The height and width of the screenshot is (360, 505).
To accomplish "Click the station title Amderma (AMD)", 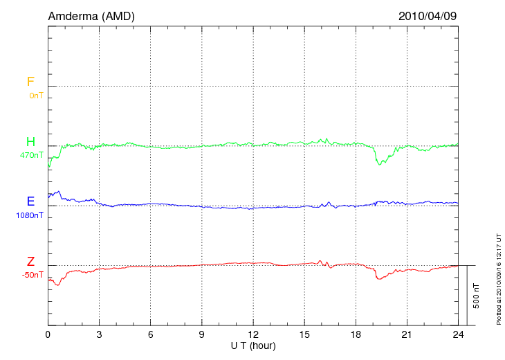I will point(91,16).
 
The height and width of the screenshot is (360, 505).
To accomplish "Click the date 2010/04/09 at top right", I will point(428,16).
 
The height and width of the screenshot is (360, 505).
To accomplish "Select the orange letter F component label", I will point(30,82).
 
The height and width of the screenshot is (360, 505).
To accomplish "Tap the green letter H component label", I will point(30,142).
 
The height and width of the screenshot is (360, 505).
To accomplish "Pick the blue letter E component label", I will point(30,201).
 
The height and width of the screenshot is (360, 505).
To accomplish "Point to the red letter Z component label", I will point(30,262).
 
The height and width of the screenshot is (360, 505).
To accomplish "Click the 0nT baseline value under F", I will point(36,96).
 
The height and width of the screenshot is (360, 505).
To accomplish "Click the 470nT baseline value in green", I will point(32,155).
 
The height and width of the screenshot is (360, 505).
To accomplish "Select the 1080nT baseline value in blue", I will point(30,215).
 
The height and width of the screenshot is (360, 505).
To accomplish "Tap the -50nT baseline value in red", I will point(32,275).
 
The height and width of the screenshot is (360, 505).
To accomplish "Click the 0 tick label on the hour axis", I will point(48,334).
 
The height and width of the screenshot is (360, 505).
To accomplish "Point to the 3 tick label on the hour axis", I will point(100,334).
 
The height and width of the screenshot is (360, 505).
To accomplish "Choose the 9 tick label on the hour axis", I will point(202,334).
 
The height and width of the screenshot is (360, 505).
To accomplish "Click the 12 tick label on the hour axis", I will point(253,334).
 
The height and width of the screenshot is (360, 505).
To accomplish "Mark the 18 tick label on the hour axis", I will point(356,334).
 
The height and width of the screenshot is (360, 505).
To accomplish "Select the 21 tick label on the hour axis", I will point(407,334).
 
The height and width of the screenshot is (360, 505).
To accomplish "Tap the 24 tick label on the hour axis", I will point(458,334).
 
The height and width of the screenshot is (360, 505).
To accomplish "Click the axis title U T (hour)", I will point(253,345).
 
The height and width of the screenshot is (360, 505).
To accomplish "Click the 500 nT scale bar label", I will point(477,295).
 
